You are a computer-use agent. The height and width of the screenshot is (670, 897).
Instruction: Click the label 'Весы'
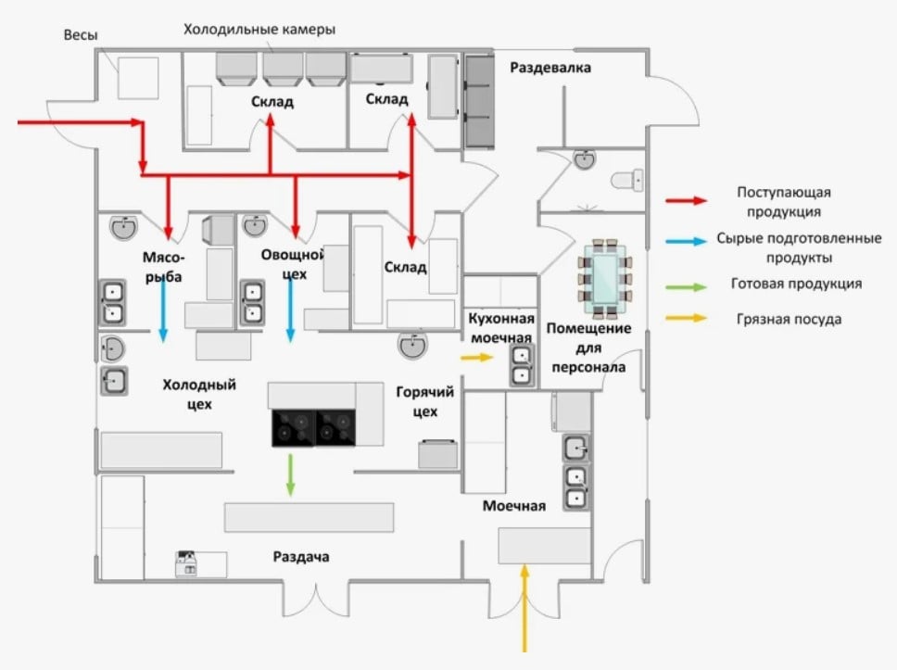(x=81, y=35)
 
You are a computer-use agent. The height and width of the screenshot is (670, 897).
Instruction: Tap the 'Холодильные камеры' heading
(x=259, y=31)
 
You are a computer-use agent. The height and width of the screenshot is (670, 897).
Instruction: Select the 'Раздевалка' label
(x=550, y=68)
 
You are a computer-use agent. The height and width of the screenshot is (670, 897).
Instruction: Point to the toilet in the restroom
(x=629, y=178)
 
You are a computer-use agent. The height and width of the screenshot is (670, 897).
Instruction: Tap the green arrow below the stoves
(x=291, y=474)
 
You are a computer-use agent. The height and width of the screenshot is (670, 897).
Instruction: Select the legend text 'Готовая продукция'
(x=794, y=284)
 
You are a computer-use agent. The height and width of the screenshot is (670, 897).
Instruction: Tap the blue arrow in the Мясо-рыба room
(x=165, y=309)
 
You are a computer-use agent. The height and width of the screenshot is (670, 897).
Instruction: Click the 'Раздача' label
(x=301, y=557)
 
